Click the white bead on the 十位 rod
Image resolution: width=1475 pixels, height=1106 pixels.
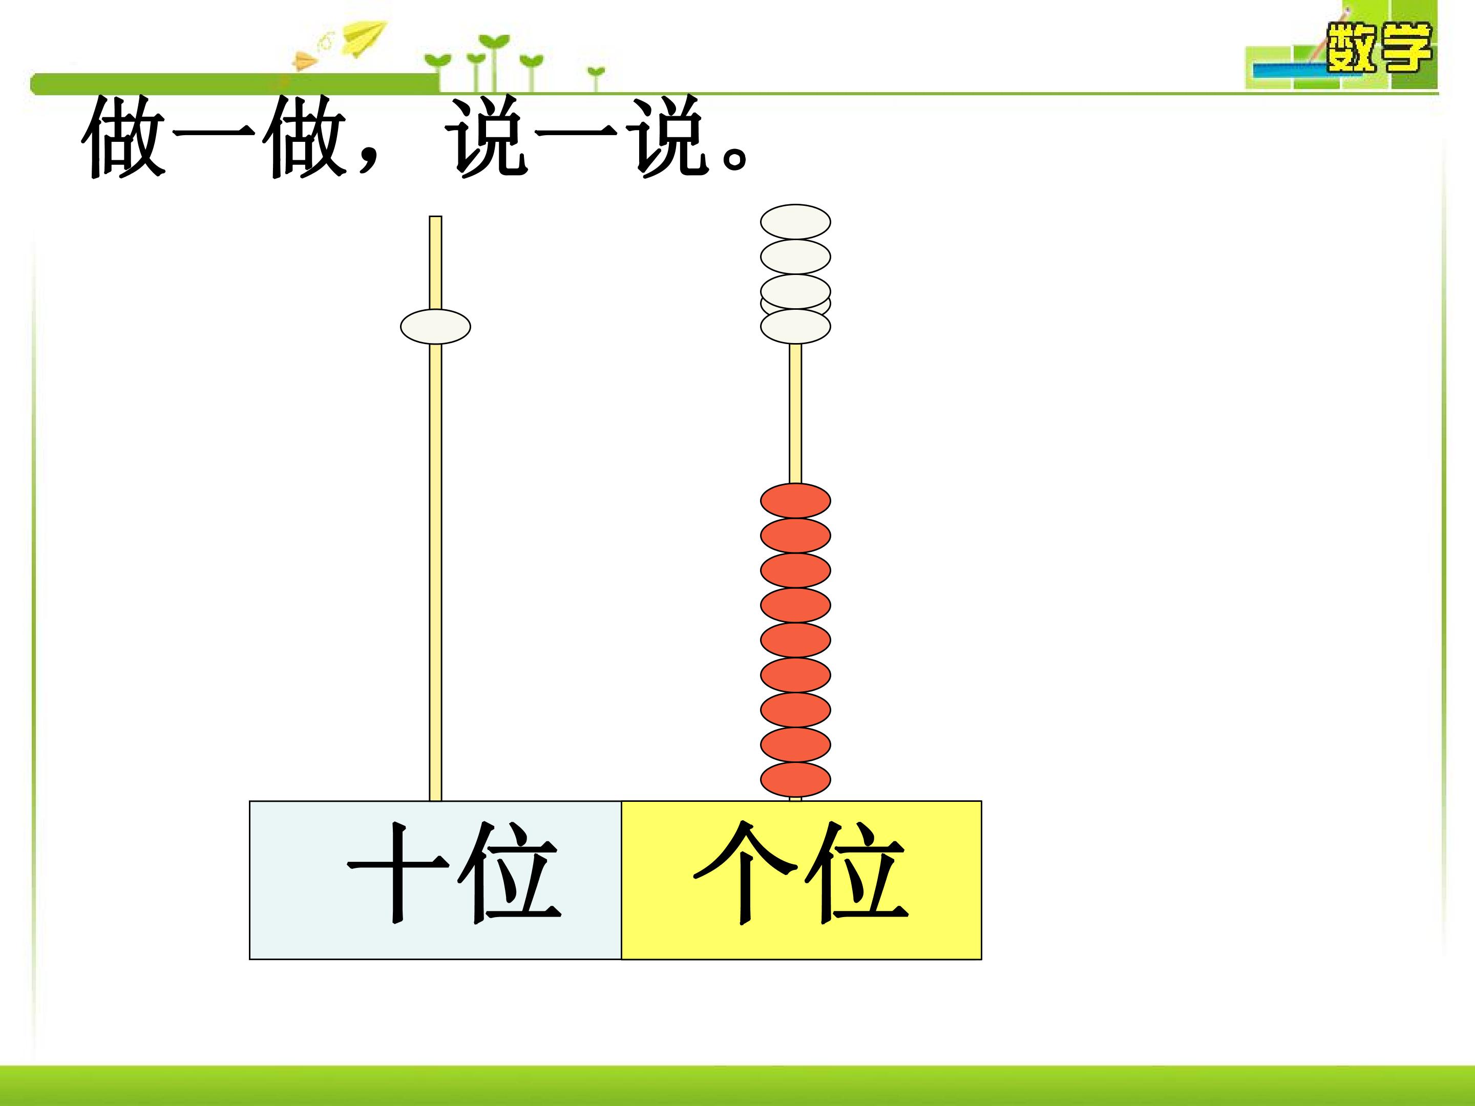point(435,327)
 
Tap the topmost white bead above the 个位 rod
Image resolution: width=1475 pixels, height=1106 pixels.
point(795,221)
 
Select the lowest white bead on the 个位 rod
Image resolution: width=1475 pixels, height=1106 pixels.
point(795,327)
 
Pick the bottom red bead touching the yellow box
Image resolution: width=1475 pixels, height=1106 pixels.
point(795,779)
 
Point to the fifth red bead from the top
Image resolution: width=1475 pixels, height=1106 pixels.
point(795,640)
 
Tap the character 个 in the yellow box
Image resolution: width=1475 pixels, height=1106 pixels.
point(746,872)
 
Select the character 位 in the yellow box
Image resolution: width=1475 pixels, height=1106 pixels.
point(857,874)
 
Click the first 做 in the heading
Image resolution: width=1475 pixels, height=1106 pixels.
point(124,137)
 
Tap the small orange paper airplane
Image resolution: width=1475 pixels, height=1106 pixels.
point(305,60)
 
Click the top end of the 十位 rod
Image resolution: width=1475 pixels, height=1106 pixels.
point(435,217)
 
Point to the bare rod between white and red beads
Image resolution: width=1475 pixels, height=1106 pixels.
point(795,413)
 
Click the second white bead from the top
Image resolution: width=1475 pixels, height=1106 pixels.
point(795,257)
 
